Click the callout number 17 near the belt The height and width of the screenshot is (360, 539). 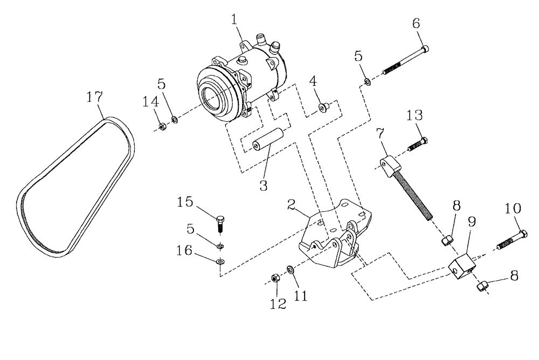pyautogui.click(x=94, y=98)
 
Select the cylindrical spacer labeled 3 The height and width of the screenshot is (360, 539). pyautogui.click(x=267, y=137)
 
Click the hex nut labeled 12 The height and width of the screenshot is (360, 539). pyautogui.click(x=274, y=279)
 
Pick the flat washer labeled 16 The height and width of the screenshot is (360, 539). pyautogui.click(x=219, y=262)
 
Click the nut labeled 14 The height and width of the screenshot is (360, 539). pyautogui.click(x=161, y=127)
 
